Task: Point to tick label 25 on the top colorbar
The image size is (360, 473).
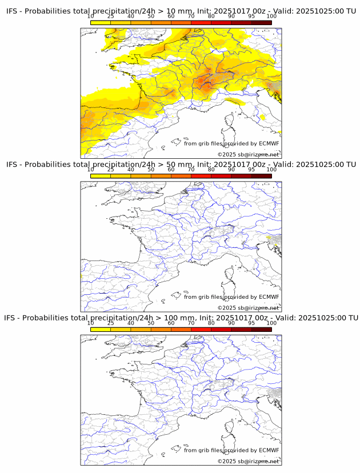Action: (x=110, y=17)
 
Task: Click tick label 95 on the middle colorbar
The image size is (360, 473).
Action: (x=251, y=170)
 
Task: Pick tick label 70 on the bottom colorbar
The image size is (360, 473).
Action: (x=191, y=323)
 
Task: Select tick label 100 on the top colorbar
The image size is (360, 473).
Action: (x=271, y=17)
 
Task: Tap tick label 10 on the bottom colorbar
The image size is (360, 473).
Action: (x=90, y=323)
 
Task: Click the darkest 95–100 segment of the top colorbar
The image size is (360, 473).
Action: (x=261, y=23)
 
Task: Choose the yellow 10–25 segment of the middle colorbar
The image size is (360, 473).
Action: (x=100, y=176)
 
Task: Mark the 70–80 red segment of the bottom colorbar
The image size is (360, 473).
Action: (x=201, y=329)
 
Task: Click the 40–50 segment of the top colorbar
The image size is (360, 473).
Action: (x=141, y=23)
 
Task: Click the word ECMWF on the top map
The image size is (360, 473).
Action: (x=269, y=143)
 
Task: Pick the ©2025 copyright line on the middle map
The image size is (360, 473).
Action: (x=248, y=308)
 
